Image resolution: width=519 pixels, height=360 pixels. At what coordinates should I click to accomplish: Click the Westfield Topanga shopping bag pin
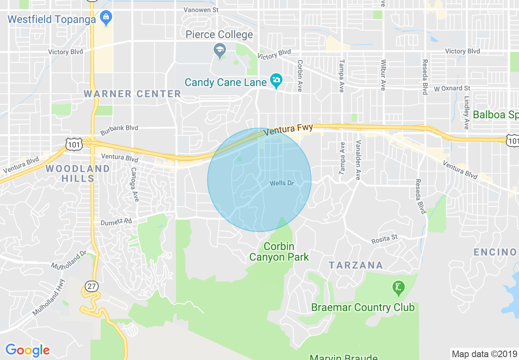coord(106,18)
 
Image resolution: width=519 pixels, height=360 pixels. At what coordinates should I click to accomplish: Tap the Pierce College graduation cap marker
coord(220,50)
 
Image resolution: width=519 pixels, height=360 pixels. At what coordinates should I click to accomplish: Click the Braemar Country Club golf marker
coord(398,288)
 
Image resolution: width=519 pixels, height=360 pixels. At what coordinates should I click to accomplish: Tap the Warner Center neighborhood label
coord(132,94)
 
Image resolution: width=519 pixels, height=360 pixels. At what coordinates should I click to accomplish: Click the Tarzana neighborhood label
coord(356,265)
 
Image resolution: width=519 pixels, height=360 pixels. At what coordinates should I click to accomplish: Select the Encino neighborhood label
coord(495,252)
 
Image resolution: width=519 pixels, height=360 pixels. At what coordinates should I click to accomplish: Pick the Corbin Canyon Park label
coord(279,252)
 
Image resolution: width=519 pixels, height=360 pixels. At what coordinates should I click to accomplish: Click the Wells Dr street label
coord(282,183)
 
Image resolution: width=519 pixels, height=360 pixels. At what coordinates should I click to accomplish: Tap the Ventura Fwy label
coord(288,130)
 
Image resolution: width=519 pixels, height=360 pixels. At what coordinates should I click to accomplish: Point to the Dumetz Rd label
coord(117,222)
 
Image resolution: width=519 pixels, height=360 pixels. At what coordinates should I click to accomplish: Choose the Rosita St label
coord(384,239)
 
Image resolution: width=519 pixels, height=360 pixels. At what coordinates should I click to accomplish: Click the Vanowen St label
coord(201,9)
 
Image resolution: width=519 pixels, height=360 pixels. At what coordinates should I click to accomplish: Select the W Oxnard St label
coord(452,88)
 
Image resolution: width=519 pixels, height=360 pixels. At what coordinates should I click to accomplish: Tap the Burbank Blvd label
coord(119,128)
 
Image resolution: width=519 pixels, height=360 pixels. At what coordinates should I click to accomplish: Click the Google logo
coord(27,350)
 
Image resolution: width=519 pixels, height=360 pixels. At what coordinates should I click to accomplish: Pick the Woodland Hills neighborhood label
coord(78,173)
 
